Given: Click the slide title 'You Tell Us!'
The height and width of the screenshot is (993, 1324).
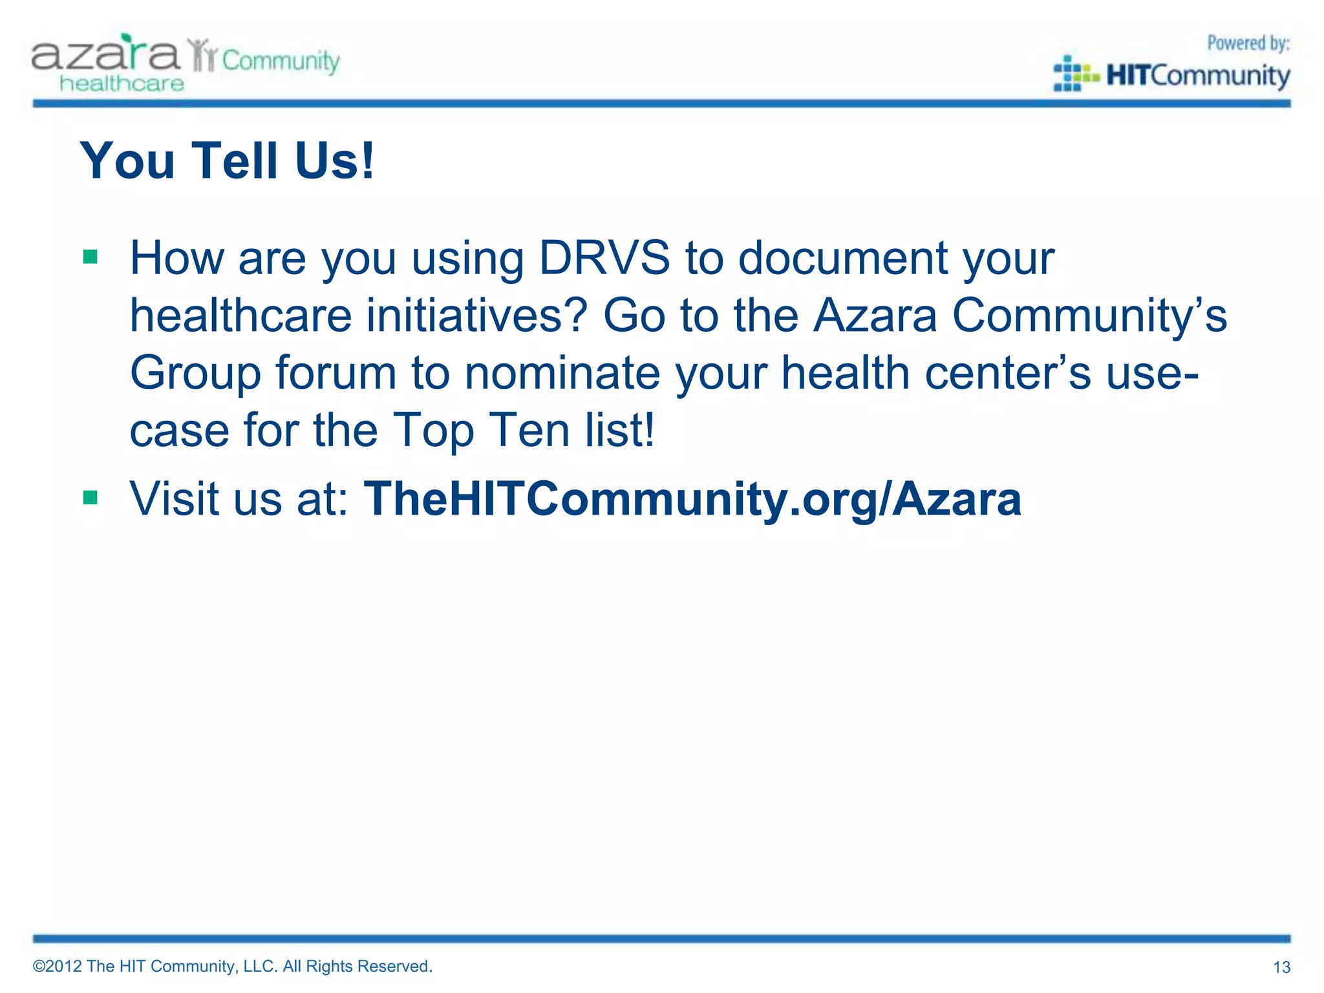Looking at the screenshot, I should click(227, 160).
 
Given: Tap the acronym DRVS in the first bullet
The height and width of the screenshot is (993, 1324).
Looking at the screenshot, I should click(604, 258).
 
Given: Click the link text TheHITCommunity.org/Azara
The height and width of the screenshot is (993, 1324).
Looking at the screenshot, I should click(692, 499).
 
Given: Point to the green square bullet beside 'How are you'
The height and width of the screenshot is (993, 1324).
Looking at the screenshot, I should click(90, 257).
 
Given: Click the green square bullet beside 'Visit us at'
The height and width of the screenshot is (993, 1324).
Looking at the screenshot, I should click(90, 498).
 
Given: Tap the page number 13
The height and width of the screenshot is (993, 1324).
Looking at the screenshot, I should click(1281, 967).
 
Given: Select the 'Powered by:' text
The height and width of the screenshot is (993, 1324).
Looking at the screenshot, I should click(1248, 43).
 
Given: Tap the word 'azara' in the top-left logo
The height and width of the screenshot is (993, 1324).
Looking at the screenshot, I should click(105, 54).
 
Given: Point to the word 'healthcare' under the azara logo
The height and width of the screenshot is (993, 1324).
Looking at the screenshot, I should click(122, 84).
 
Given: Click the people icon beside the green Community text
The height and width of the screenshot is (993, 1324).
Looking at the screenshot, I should click(202, 56).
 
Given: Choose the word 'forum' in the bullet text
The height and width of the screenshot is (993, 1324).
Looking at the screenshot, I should click(336, 373).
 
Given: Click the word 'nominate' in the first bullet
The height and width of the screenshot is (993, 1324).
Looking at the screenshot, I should click(562, 373).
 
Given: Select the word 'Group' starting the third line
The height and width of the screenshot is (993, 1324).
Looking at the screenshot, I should click(195, 374).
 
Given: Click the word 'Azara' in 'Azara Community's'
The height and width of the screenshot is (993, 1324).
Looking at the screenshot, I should click(875, 315).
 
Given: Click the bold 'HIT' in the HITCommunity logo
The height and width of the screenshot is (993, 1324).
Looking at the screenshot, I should click(1127, 76).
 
